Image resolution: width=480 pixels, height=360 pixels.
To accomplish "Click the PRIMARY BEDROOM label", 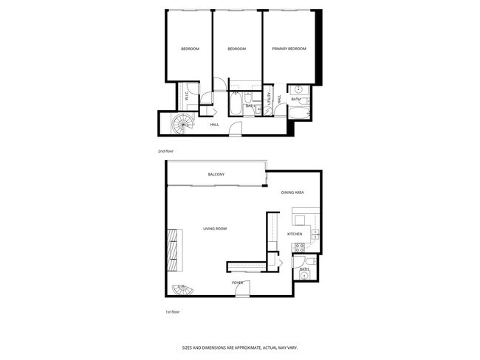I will point(289,49).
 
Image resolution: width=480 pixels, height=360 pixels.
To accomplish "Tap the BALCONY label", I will point(216,174).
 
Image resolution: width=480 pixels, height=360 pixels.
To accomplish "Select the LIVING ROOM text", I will point(215,229).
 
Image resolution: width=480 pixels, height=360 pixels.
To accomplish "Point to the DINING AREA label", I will point(292,193).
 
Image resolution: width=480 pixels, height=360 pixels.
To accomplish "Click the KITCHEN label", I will point(295,234).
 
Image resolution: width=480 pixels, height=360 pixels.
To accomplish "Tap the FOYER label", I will point(238,283).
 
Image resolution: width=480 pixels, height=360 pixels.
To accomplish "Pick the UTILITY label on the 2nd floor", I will point(270,98).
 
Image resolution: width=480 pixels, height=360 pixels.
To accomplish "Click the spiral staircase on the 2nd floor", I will point(182,125).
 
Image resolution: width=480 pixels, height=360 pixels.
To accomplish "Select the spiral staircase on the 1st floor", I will point(179,290).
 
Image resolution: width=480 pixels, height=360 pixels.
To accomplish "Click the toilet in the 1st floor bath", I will point(312,261).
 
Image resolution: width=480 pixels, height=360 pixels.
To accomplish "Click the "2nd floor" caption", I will point(165,151).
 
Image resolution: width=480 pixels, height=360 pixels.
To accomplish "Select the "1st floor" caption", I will point(172,311).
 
